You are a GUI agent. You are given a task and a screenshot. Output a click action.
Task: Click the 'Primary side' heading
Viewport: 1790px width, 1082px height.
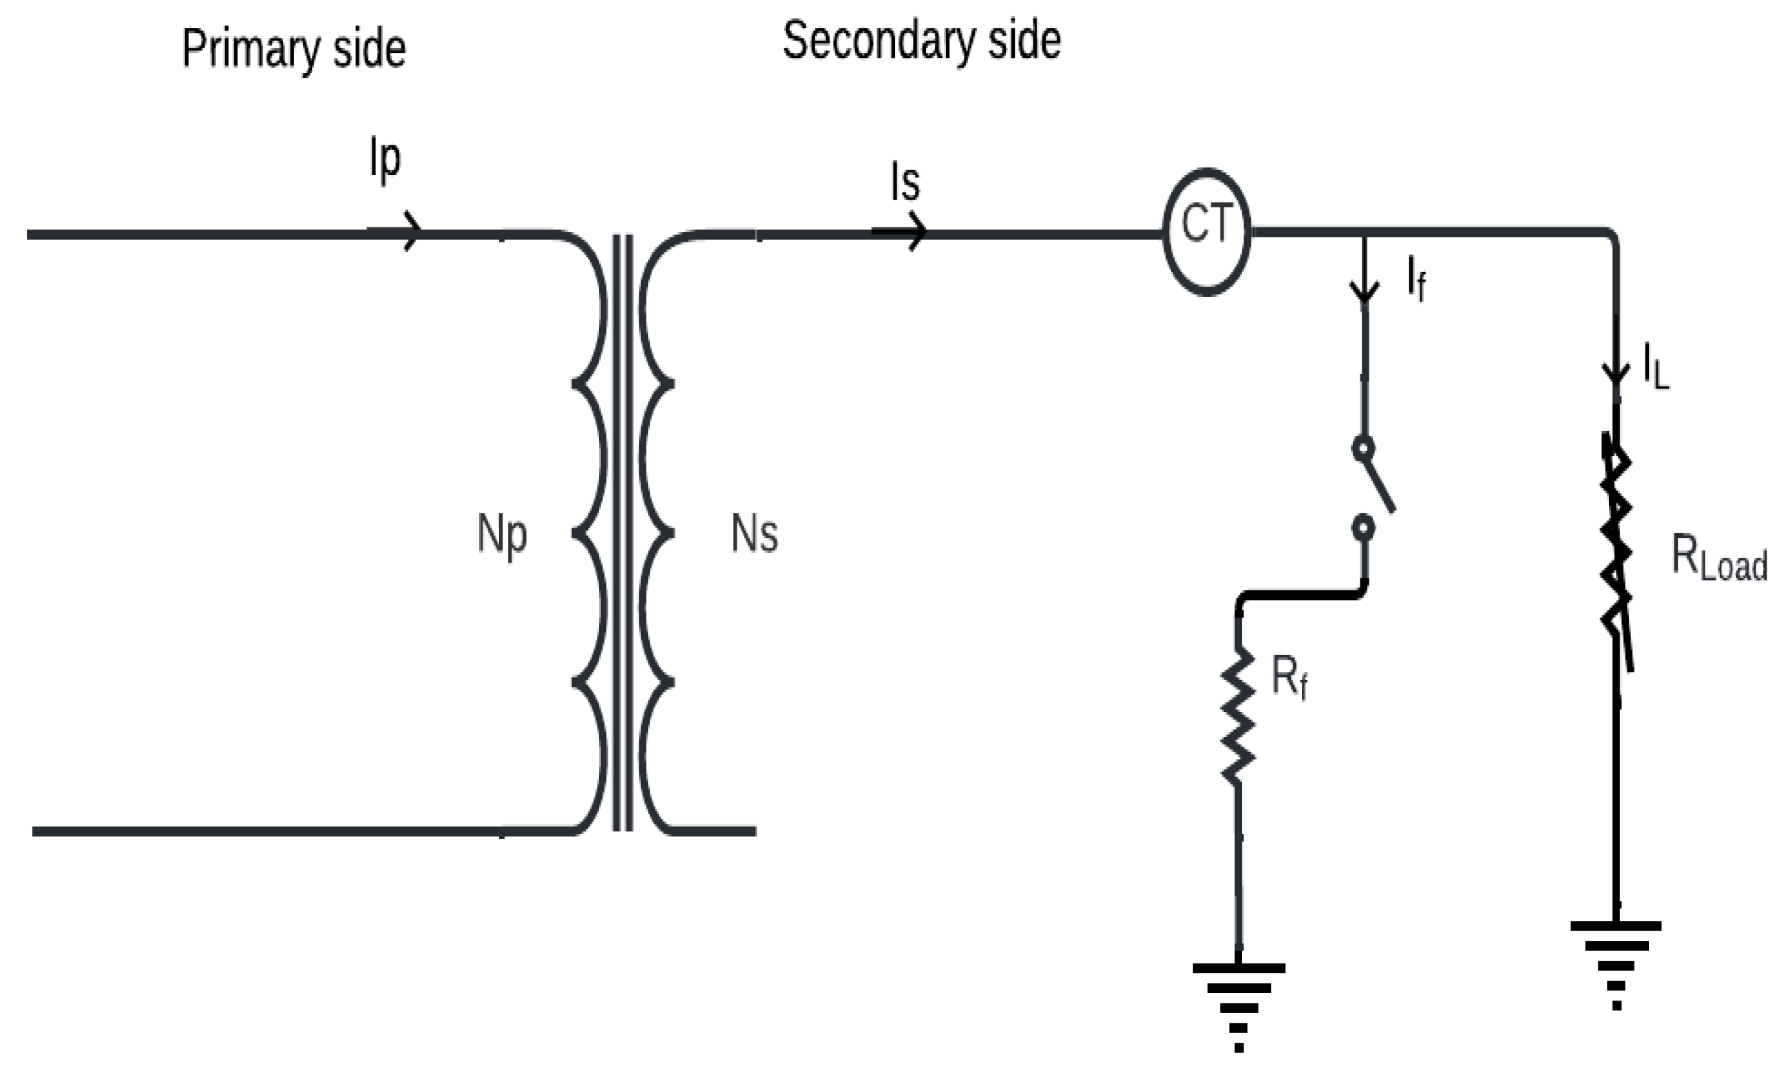[x=293, y=49]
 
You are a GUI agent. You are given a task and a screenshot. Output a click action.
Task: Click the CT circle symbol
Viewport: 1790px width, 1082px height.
[x=1207, y=232]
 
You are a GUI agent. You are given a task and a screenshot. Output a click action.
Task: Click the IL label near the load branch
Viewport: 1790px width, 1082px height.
[x=1656, y=367]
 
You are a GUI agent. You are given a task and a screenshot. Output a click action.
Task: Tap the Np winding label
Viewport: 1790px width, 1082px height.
[x=501, y=535]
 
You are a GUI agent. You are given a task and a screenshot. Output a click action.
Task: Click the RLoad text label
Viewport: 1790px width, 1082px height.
[x=1719, y=557]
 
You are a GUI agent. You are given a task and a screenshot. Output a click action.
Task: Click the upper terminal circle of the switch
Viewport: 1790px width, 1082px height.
[x=1363, y=448]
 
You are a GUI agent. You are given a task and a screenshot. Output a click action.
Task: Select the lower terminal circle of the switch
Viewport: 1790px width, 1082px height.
[x=1363, y=527]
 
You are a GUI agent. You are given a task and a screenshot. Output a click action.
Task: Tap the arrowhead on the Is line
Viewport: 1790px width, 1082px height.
[x=918, y=232]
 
